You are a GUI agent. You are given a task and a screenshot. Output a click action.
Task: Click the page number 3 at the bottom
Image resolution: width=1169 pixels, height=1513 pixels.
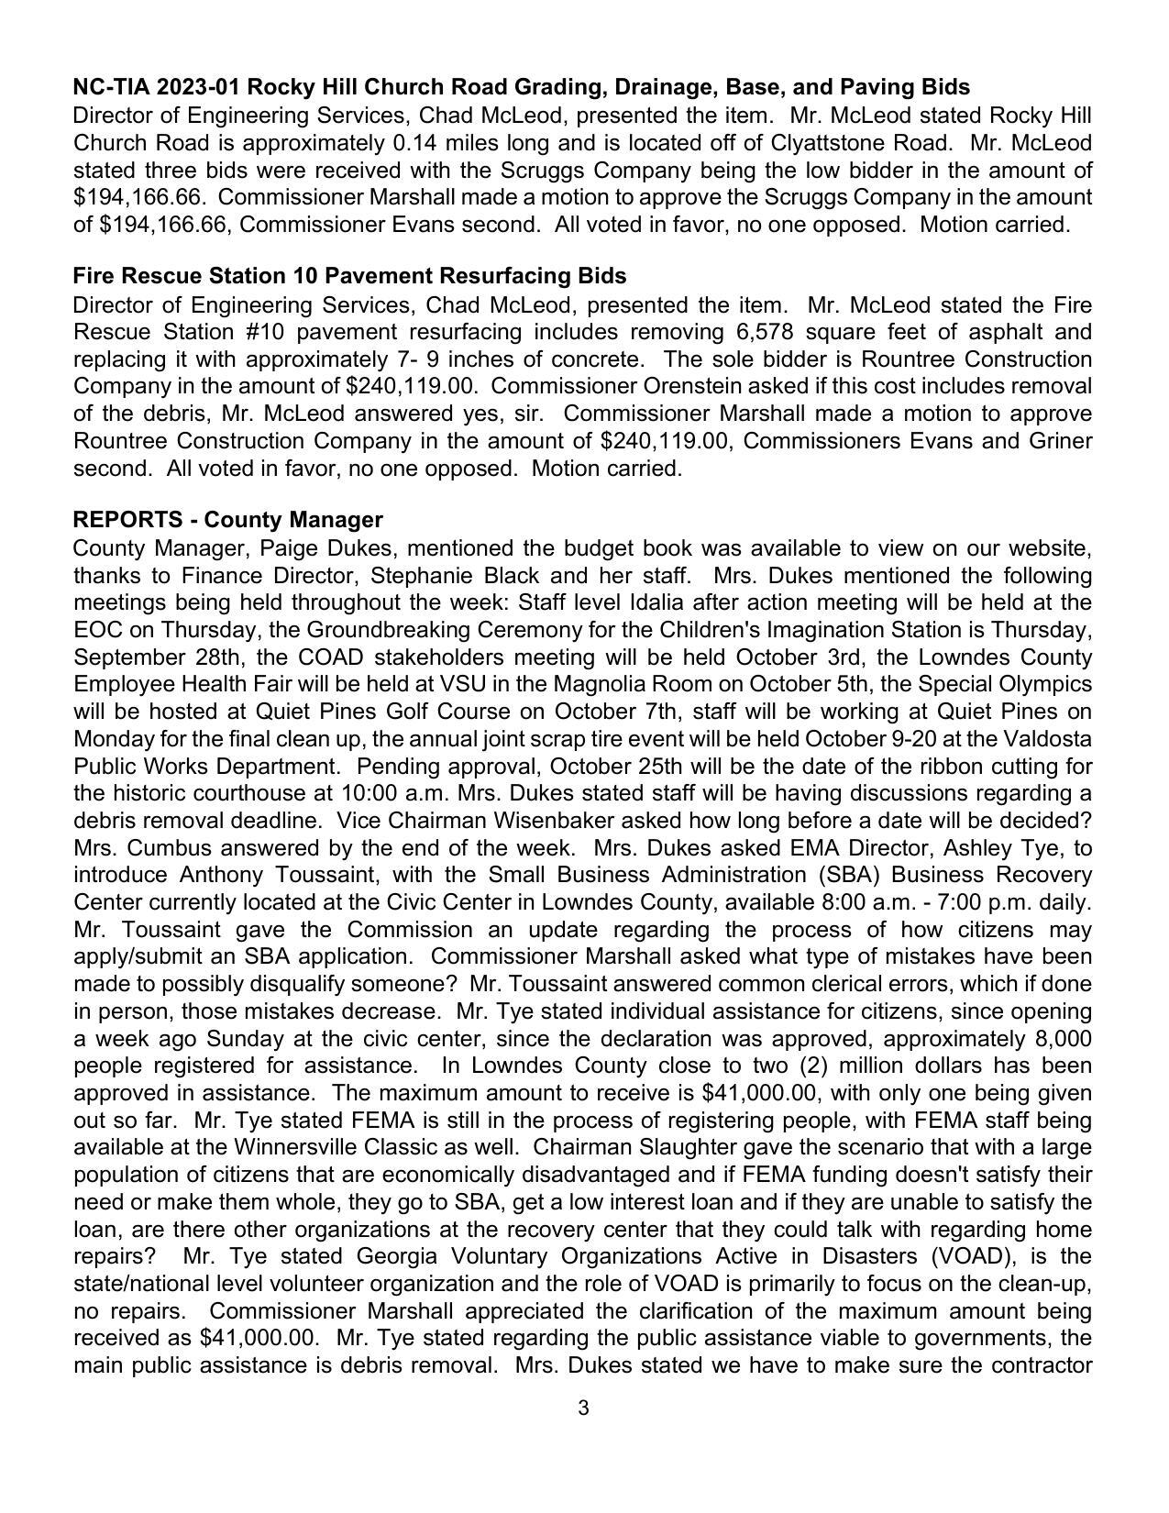pos(583,1408)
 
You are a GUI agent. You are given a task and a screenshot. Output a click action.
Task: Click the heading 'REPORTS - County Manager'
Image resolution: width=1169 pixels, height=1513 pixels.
pos(227,520)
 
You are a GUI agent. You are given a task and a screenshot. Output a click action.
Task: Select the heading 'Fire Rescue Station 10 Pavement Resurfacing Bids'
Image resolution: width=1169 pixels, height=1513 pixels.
pos(349,276)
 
